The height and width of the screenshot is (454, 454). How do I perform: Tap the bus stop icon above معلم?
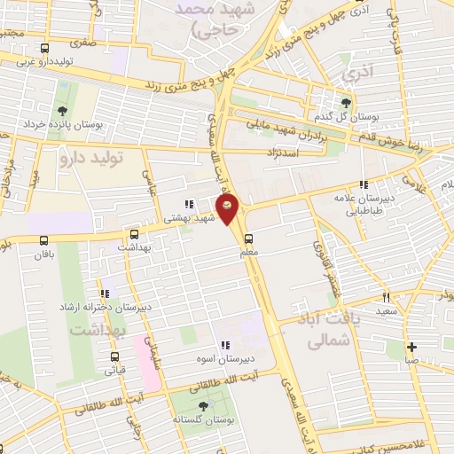point(249,238)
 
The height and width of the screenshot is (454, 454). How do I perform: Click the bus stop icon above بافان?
point(44,239)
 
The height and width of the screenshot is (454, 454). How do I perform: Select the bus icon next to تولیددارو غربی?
point(45,49)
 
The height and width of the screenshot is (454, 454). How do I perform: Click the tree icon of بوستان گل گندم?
point(347,102)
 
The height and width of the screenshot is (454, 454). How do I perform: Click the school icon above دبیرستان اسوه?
point(225,344)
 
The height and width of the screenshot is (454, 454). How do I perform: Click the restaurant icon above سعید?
point(386,297)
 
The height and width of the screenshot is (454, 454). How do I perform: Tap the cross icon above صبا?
point(411,347)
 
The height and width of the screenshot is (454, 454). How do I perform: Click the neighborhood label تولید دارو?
point(89,158)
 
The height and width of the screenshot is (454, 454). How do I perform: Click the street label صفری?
point(84,39)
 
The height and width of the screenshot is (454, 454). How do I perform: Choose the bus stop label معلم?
point(249,253)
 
